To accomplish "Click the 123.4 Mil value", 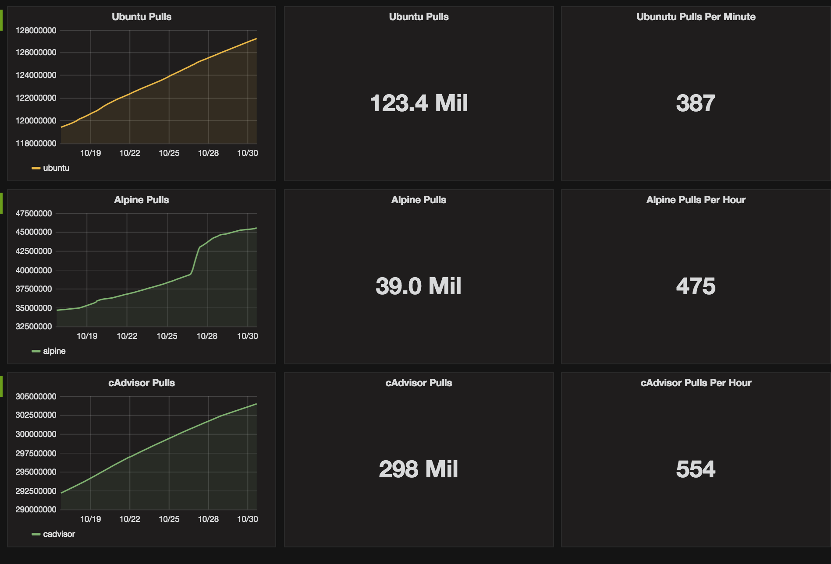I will tap(419, 103).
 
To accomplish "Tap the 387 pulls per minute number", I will tap(695, 103).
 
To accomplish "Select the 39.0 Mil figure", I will tap(419, 286).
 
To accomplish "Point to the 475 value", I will tap(695, 286).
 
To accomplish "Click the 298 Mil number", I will tap(419, 469).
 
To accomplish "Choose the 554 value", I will tap(695, 469).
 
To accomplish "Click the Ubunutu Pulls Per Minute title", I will tap(696, 17).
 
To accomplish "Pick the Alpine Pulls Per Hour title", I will tap(696, 200).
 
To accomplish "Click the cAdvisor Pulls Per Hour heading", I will tap(696, 383).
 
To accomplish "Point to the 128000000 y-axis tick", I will tap(36, 31).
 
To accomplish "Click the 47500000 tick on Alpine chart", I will tap(34, 214).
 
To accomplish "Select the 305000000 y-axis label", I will tap(36, 397).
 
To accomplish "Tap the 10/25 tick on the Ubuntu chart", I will tap(169, 153).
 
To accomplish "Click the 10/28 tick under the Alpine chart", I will tap(206, 336).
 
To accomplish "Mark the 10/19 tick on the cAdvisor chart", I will tap(90, 519).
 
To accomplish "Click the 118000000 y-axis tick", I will tap(36, 144).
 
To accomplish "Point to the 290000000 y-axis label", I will tap(36, 510).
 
